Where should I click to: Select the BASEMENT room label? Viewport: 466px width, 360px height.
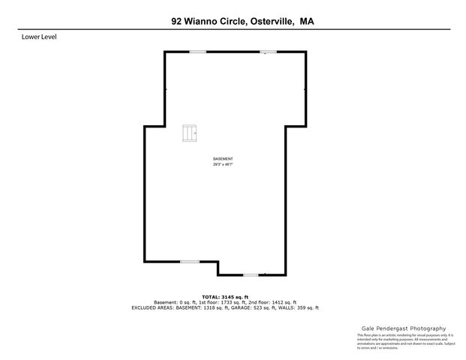coord(223,159)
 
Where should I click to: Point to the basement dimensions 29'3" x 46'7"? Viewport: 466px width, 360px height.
coord(223,164)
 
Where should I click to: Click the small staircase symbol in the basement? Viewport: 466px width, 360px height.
coord(188,133)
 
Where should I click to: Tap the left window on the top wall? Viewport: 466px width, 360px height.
coord(197,51)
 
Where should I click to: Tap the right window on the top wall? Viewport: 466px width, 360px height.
coord(268,51)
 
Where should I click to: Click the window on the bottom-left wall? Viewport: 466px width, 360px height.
coord(189,261)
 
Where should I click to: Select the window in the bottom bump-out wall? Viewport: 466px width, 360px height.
coord(251,274)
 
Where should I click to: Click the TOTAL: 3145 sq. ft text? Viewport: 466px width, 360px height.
coord(225,297)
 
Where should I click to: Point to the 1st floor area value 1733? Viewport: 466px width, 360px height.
coord(222,302)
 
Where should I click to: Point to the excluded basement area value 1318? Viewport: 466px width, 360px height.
coord(213,307)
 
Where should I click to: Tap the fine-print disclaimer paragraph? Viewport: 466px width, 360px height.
coord(401,341)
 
